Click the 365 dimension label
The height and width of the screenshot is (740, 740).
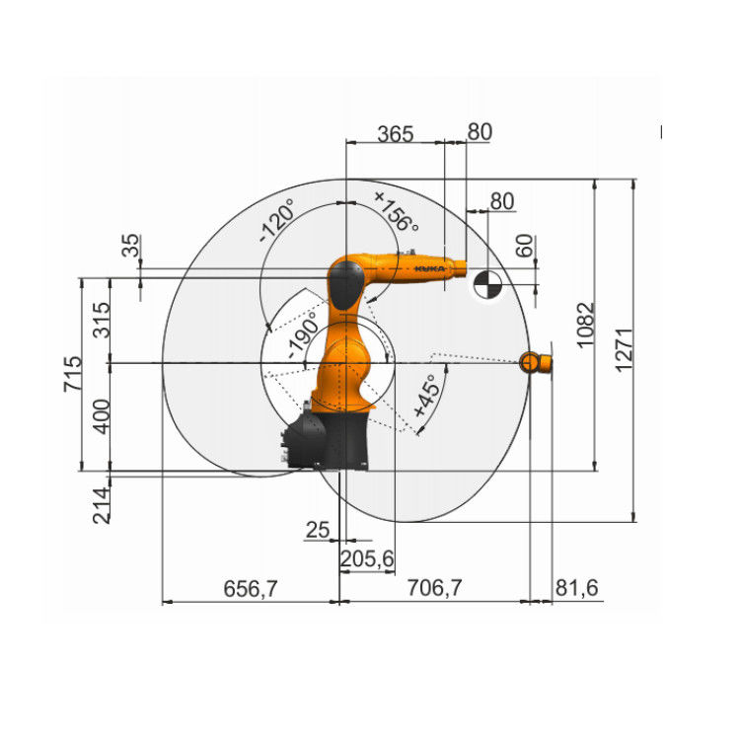395,133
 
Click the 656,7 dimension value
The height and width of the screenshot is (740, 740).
249,588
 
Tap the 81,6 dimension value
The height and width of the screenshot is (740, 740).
577,588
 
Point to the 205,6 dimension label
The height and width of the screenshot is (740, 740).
366,558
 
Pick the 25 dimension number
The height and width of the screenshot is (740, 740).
317,530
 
